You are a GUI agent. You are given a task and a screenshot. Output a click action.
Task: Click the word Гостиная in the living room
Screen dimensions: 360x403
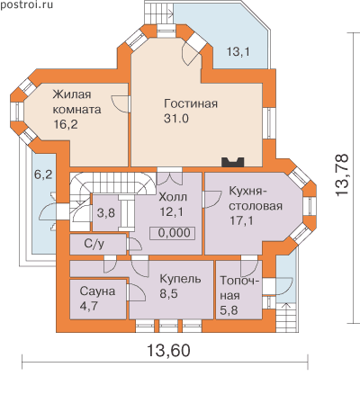pyautogui.click(x=191, y=103)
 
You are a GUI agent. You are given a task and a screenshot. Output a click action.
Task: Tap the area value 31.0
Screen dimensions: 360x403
pyautogui.click(x=176, y=119)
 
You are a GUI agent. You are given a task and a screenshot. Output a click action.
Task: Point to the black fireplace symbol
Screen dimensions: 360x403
pyautogui.click(x=233, y=162)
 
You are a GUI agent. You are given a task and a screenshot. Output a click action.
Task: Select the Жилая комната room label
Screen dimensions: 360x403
pyautogui.click(x=76, y=102)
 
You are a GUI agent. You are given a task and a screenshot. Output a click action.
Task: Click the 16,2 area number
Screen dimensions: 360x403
pyautogui.click(x=66, y=124)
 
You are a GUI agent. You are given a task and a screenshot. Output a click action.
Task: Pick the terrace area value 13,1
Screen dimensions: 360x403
pyautogui.click(x=238, y=52)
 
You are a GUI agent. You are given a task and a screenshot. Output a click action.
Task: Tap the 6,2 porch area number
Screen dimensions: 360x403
pyautogui.click(x=43, y=175)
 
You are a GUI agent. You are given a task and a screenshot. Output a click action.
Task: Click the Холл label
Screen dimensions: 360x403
pyautogui.click(x=173, y=197)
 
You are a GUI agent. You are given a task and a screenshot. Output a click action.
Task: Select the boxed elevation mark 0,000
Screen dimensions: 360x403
pyautogui.click(x=173, y=233)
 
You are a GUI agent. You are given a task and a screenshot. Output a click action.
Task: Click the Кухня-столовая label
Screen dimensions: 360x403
pyautogui.click(x=256, y=199)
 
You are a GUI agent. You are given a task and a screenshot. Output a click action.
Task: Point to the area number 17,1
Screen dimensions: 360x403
pyautogui.click(x=241, y=220)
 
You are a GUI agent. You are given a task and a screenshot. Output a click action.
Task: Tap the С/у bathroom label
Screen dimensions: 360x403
pyautogui.click(x=94, y=244)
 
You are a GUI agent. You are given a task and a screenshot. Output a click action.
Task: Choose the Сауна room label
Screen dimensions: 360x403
pyautogui.click(x=97, y=291)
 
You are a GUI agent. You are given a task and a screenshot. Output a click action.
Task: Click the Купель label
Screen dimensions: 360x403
pyautogui.click(x=180, y=279)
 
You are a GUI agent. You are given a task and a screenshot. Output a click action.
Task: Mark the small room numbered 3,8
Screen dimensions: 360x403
pyautogui.click(x=106, y=213)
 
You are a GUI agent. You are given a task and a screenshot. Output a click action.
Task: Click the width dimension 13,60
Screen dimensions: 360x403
pyautogui.click(x=168, y=350)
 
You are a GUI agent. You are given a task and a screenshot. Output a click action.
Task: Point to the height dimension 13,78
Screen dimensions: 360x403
pyautogui.click(x=342, y=175)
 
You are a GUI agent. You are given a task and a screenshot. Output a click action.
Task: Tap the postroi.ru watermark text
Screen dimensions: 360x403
pyautogui.click(x=26, y=4)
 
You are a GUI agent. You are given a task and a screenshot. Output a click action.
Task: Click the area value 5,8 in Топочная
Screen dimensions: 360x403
pyautogui.click(x=229, y=310)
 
